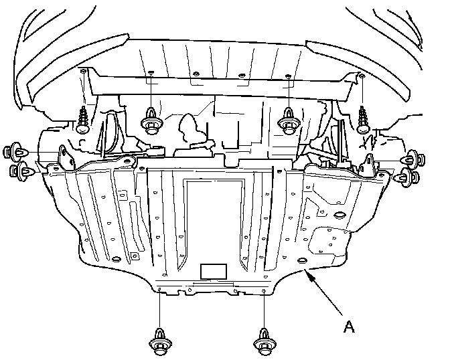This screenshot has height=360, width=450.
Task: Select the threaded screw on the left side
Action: point(84,122)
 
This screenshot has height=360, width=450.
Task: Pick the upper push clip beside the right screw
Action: point(289,123)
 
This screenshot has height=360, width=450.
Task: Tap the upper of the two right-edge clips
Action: point(410,161)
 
